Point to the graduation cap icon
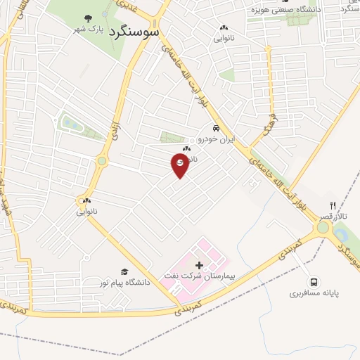coord(124,271)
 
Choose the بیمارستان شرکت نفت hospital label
coord(199,275)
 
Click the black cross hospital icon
coord(199,264)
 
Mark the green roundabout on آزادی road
coord(102,161)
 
